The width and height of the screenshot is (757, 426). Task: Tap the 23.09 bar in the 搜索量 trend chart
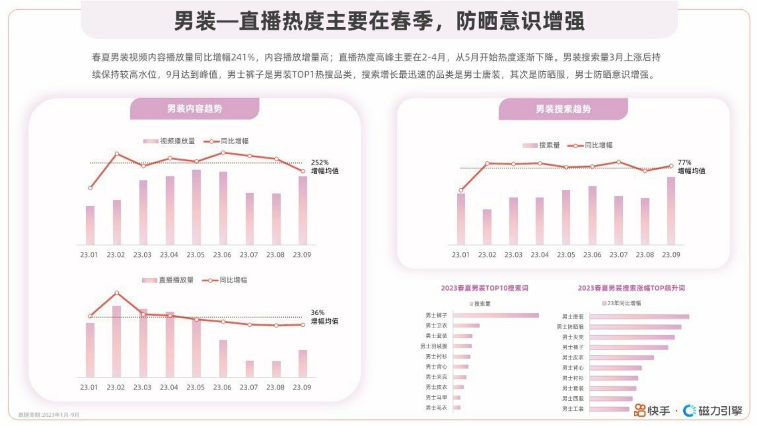(x=671, y=211)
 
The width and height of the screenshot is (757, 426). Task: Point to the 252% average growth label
(x=320, y=162)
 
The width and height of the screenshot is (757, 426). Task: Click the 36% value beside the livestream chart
(x=318, y=313)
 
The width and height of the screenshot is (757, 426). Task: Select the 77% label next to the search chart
(x=684, y=162)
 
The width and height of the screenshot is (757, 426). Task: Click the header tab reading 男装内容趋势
(x=194, y=109)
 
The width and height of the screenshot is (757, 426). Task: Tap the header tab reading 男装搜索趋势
(x=563, y=109)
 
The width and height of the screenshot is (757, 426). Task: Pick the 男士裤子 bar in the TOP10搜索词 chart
(x=495, y=316)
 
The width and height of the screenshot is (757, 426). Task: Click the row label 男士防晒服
(x=570, y=327)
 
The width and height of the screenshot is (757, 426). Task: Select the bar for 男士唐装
(x=639, y=317)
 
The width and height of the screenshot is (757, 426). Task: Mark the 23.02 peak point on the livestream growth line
(x=117, y=293)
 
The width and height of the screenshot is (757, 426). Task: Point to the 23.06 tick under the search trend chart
(x=592, y=255)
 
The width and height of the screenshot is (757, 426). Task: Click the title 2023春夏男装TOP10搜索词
(x=484, y=288)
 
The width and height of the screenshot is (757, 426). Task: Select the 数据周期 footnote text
(x=49, y=415)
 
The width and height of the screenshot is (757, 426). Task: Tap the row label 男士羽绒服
(x=433, y=346)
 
